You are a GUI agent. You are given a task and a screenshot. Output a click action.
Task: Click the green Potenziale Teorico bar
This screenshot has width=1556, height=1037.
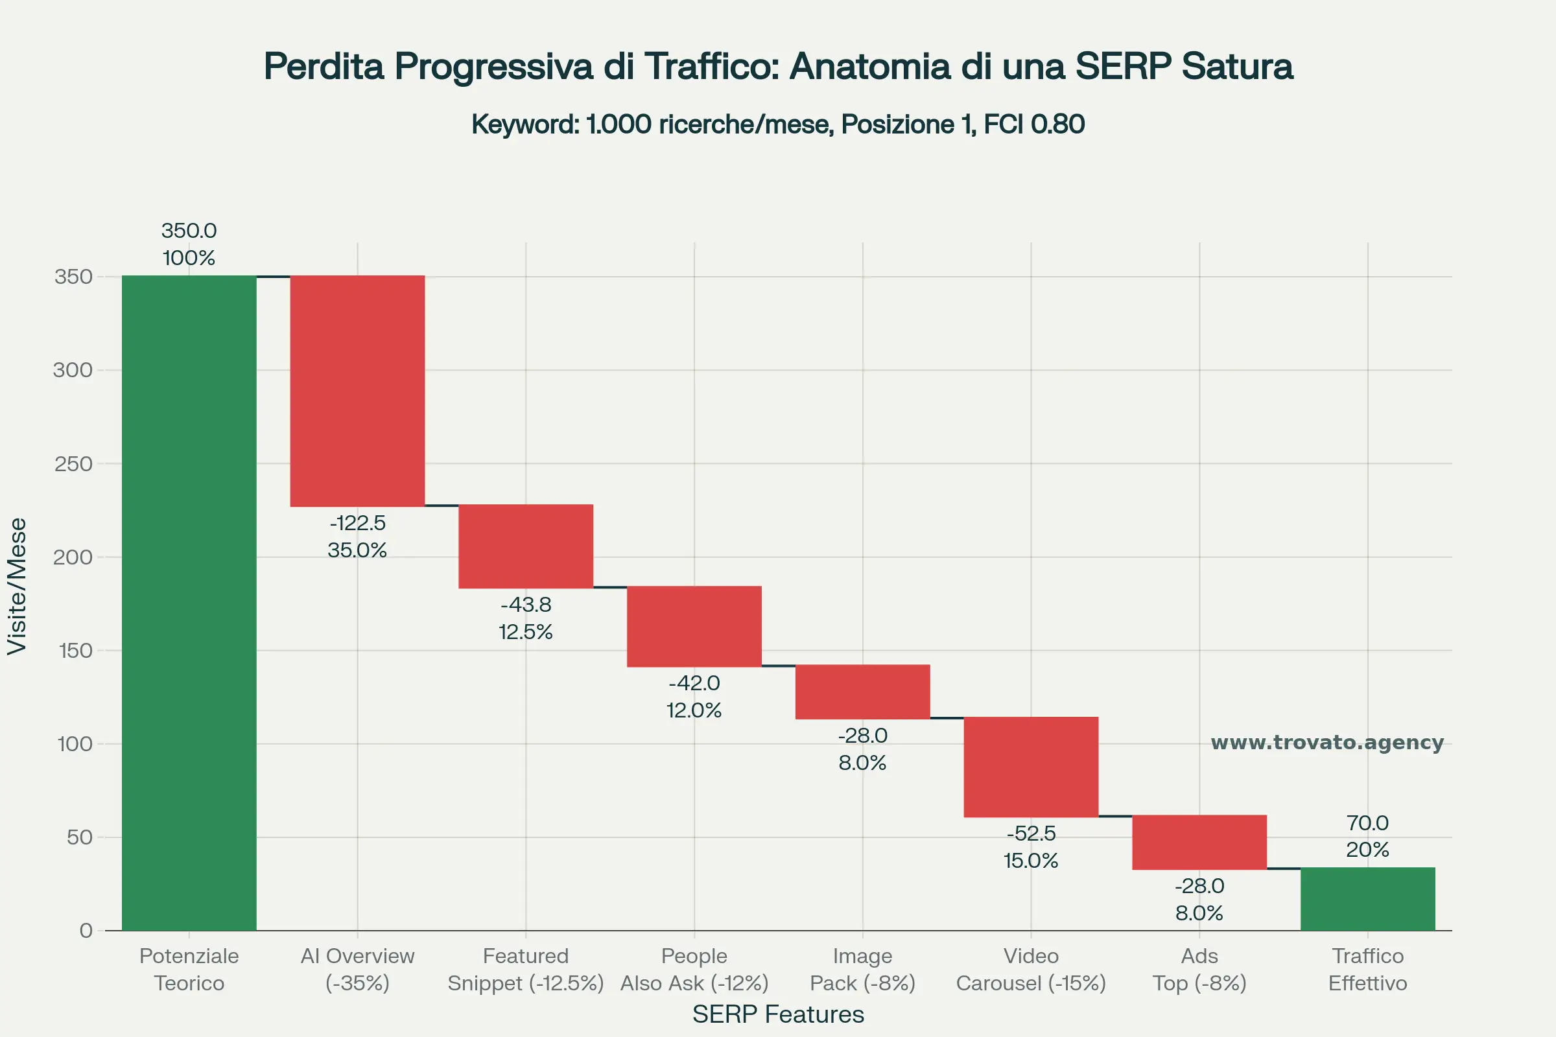[189, 602]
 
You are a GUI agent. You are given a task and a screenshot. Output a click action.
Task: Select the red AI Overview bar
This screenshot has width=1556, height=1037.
[357, 390]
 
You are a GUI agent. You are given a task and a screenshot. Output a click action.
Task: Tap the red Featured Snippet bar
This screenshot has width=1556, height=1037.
[526, 546]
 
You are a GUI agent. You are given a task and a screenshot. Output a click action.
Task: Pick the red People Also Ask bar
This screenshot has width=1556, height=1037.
[694, 626]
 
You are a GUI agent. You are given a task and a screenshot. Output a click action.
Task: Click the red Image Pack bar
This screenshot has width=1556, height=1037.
[863, 692]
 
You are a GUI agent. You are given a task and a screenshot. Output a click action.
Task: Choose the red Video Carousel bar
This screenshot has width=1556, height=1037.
[1031, 767]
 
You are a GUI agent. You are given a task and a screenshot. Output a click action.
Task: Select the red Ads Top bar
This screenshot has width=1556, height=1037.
[1199, 842]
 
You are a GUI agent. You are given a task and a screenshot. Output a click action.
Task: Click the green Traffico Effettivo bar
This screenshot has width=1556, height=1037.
[1367, 899]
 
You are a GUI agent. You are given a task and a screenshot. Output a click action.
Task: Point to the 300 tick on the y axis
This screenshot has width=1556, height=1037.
[73, 369]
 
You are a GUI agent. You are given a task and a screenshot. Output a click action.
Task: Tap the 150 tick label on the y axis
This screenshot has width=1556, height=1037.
[75, 651]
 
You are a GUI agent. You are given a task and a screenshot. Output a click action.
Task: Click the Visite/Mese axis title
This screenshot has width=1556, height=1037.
[18, 586]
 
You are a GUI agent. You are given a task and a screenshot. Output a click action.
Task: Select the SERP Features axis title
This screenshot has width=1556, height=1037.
[778, 1014]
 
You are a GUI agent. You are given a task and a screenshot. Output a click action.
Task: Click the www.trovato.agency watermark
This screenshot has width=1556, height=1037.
[1327, 742]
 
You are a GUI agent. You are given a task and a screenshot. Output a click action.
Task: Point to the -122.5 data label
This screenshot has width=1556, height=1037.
[357, 523]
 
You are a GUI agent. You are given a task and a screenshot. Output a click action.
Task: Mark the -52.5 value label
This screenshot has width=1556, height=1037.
[1031, 833]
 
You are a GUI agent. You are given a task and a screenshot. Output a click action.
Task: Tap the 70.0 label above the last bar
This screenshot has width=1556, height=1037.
[1367, 822]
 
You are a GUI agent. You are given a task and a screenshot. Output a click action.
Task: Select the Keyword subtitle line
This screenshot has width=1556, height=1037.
[778, 124]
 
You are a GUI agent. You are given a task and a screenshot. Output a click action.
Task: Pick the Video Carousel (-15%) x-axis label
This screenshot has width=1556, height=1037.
[1031, 970]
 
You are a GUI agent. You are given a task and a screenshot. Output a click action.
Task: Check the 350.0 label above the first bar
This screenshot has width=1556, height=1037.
[189, 231]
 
